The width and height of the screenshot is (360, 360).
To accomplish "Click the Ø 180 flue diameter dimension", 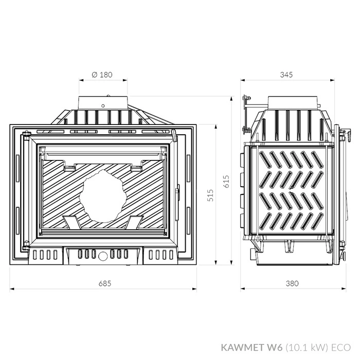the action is (102, 75).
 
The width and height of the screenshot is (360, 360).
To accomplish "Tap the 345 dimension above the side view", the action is (286, 75).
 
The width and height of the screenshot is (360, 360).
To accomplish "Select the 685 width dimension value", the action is (105, 283).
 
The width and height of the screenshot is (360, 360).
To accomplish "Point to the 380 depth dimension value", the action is (292, 283).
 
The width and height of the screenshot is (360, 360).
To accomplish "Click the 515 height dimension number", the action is (210, 195).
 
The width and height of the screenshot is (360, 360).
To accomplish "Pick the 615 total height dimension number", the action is (226, 182).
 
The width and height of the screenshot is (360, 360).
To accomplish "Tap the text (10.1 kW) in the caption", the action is (307, 348).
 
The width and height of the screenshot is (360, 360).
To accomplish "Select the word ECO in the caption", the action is (340, 347).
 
